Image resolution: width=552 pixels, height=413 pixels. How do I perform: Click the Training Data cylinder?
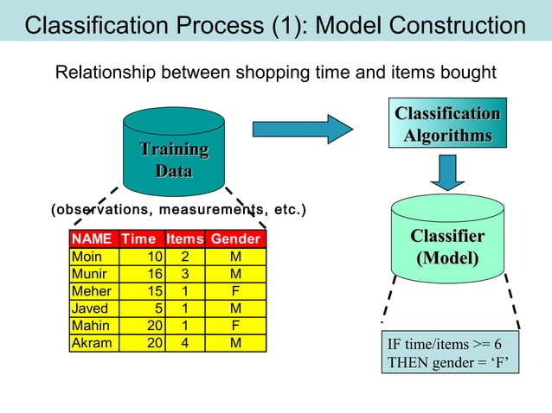point(174,156)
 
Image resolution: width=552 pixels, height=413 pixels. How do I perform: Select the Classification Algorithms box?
point(447,125)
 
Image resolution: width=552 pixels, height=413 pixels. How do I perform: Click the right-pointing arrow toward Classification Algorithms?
point(302,130)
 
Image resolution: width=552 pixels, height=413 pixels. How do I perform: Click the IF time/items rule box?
point(450,353)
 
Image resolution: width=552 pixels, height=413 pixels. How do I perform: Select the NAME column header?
point(92,238)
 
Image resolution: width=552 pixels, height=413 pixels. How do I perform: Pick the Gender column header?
point(235,238)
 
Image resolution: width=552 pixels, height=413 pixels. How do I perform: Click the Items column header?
point(184,238)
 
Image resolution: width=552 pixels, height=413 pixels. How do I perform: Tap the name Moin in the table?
point(87,257)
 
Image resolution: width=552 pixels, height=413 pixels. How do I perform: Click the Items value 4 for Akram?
point(184,343)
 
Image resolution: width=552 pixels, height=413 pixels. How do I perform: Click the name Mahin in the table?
point(89,326)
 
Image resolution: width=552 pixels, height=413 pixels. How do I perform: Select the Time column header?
point(138,238)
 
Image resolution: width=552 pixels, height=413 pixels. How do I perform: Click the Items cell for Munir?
point(184,274)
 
